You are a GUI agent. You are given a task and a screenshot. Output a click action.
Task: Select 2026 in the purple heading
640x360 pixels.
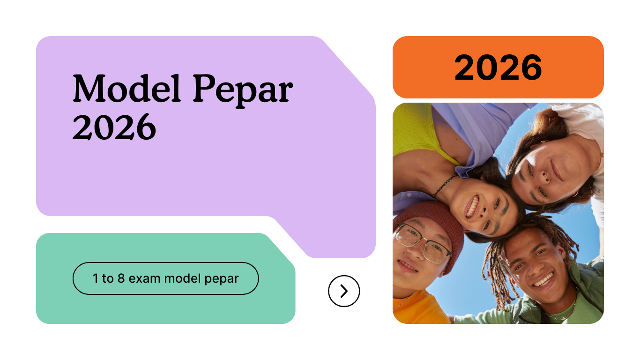click(x=114, y=127)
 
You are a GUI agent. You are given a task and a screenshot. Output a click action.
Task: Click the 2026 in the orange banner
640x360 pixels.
click(x=498, y=67)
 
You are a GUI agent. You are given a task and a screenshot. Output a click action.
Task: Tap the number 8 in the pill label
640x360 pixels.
click(x=121, y=278)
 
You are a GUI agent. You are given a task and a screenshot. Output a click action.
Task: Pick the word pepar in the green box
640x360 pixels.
click(x=222, y=279)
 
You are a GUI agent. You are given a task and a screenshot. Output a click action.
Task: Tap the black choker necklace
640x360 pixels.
click(x=445, y=185)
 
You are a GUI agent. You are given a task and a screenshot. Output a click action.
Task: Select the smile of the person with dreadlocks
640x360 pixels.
click(x=543, y=280)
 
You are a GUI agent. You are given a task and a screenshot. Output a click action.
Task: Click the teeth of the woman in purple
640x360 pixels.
click(x=472, y=206)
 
